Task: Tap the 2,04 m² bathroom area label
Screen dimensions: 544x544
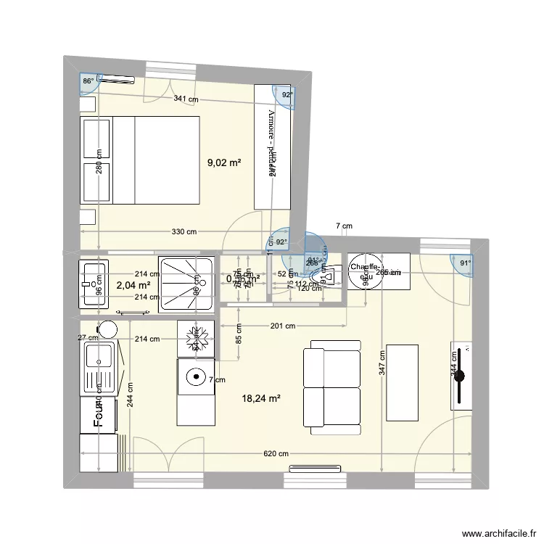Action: (133, 286)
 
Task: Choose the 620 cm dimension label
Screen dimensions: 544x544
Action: (275, 454)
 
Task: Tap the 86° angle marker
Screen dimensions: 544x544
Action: (88, 82)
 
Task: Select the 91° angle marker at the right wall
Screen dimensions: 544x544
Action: (465, 264)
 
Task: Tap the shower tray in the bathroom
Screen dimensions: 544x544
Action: (186, 284)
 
